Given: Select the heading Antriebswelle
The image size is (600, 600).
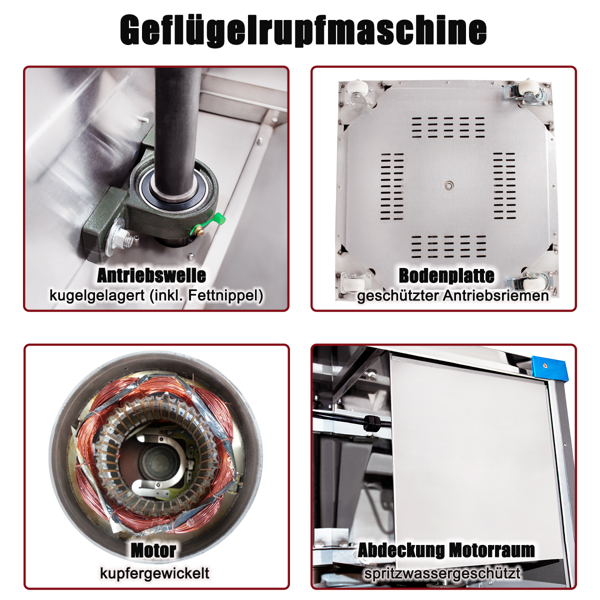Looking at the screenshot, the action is point(151,275).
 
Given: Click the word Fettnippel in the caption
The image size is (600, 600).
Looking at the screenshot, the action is point(225,295).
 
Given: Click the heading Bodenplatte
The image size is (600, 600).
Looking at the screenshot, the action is point(447,275).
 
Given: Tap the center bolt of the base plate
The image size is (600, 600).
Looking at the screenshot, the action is point(448,185).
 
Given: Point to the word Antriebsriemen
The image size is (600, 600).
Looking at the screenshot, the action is point(495,295).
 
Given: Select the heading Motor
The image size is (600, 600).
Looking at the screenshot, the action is point(153,550).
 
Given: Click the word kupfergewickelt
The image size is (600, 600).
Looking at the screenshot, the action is point(154,573).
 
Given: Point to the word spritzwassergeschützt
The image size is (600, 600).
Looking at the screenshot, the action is point(442,573).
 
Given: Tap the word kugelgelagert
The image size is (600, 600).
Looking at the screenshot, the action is point(97,295).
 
